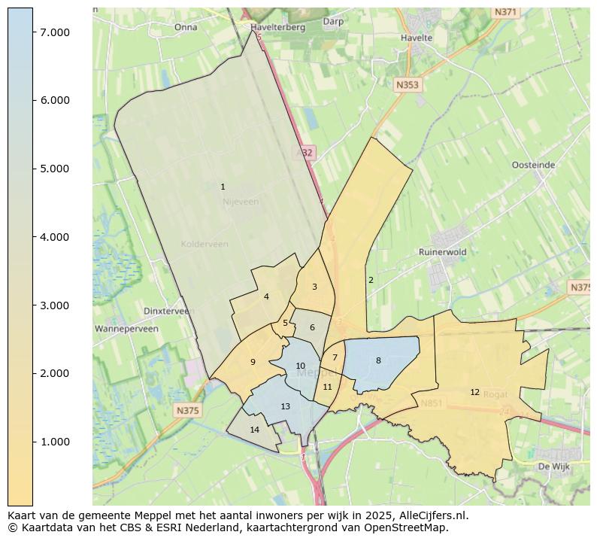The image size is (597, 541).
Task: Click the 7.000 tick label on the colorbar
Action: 55,32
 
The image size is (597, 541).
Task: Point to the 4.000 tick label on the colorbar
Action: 55,237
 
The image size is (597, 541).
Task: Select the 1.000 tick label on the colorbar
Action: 55,442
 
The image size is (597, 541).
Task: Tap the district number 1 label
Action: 223,187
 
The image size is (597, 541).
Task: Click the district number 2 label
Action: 371,280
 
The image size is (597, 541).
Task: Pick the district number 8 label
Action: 378,360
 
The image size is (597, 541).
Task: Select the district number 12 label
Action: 474,392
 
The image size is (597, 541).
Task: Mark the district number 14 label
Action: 255,430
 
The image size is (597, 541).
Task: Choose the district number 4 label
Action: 266,296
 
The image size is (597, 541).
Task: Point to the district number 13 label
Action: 285,406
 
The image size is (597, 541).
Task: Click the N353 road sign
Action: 407,86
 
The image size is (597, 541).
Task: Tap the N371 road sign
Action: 505,12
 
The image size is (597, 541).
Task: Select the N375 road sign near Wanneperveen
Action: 187,410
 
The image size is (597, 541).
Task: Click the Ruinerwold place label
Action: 443,252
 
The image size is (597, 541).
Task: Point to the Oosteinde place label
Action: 533,165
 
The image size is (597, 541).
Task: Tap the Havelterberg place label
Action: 278,27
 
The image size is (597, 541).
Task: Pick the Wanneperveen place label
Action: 126,329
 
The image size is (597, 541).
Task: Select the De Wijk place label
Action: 555,467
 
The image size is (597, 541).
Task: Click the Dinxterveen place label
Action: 168,311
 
